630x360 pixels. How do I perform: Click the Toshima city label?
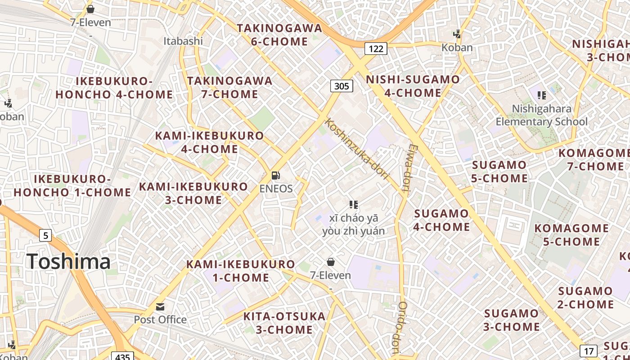tap(68, 261)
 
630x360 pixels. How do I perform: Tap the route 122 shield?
tap(376, 48)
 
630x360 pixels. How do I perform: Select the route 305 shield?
tap(342, 85)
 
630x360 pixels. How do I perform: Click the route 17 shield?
tap(589, 351)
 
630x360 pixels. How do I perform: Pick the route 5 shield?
tap(45, 235)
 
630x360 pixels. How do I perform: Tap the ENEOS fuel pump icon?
tap(276, 175)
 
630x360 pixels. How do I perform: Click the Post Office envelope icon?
tap(160, 307)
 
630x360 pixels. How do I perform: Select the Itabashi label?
tap(183, 41)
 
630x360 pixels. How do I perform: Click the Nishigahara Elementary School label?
tap(542, 115)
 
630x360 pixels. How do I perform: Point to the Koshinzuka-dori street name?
tap(356, 148)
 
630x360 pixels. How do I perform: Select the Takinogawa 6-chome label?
tap(279, 35)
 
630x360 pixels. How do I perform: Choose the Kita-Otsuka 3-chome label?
tap(284, 323)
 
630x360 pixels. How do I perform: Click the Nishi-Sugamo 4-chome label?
tap(413, 86)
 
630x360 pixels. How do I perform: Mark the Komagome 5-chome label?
tap(571, 235)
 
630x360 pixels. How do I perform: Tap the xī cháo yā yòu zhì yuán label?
tap(354, 225)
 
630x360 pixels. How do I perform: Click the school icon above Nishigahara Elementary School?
tap(542, 95)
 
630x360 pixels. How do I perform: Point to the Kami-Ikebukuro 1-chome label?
tap(241, 270)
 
